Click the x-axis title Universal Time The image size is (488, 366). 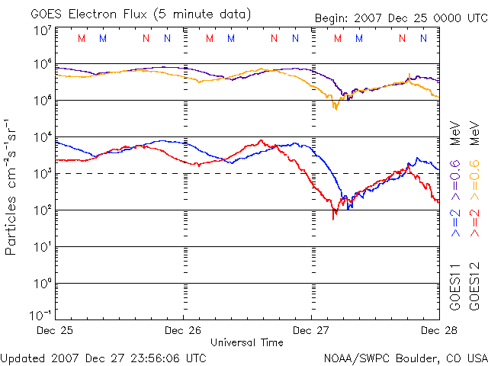[246, 343]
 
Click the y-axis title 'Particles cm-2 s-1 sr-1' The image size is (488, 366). [11, 187]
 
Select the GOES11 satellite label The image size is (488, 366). [454, 287]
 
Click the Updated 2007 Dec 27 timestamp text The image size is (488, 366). [103, 357]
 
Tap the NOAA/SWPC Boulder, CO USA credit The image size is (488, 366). [405, 357]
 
